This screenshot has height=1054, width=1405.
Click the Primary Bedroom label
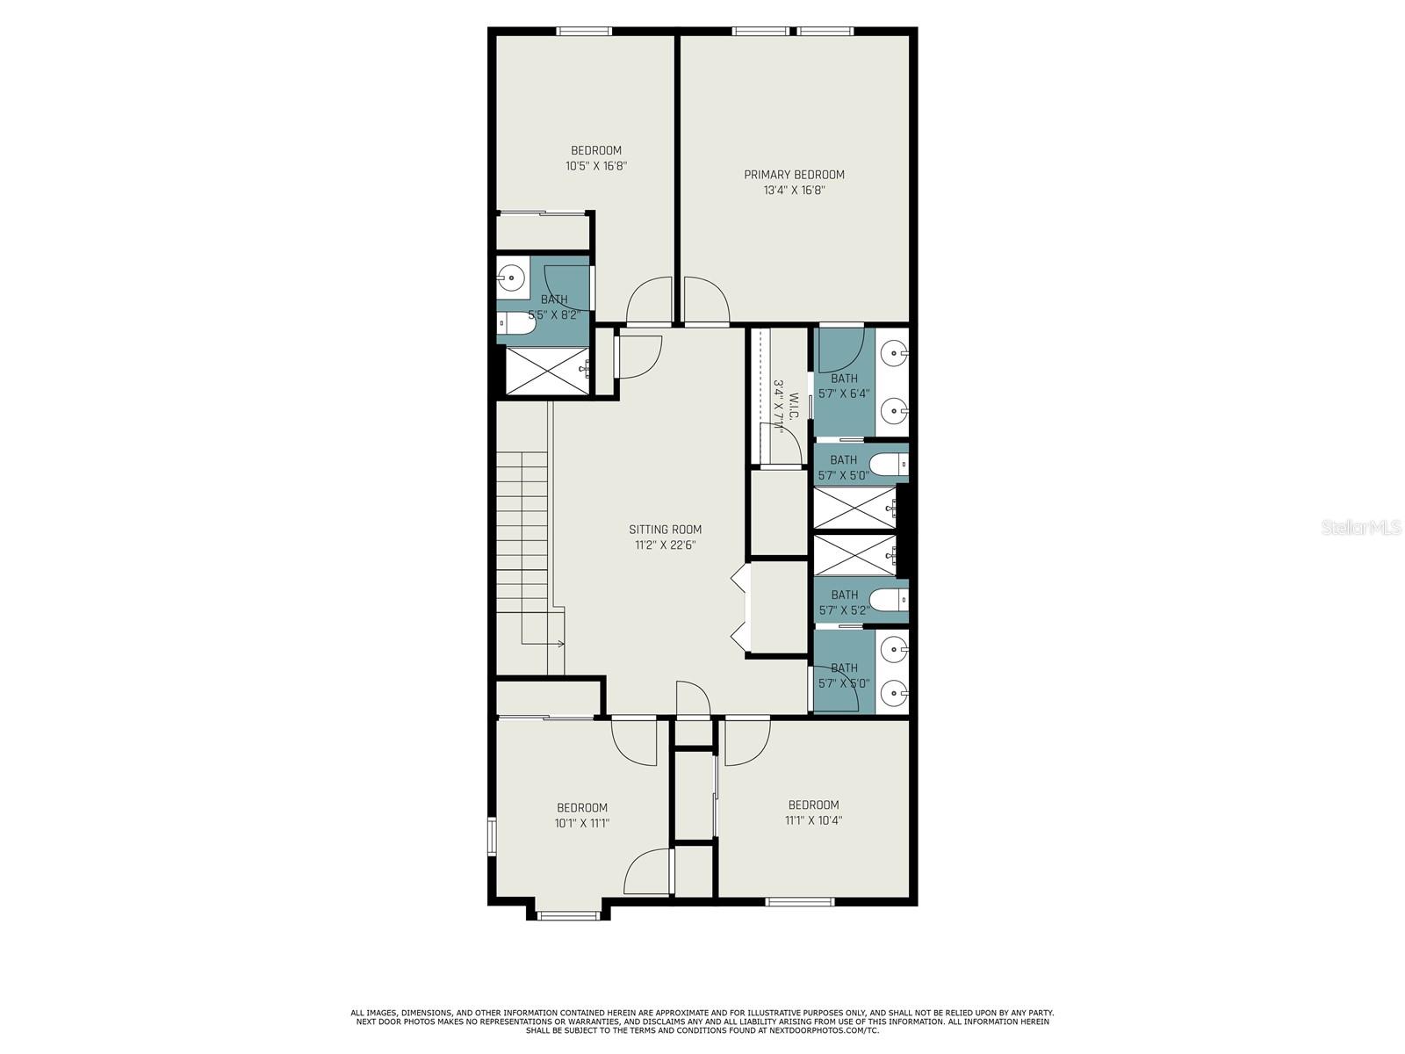[x=794, y=175]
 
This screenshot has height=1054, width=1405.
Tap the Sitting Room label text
[x=665, y=530]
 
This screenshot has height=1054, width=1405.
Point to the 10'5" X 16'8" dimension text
[x=596, y=166]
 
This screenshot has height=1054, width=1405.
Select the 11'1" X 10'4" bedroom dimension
[x=813, y=820]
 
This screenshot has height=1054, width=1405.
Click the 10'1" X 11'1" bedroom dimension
[x=582, y=823]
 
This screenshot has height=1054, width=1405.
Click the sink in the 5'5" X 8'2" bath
[x=512, y=278]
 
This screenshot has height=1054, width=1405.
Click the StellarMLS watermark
[x=1361, y=527]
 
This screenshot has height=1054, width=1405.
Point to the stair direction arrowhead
[x=561, y=643]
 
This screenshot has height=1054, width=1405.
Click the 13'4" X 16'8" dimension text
[x=794, y=190]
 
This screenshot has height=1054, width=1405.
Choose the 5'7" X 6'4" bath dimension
[x=844, y=393]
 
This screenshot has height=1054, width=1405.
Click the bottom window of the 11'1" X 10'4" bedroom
[x=799, y=902]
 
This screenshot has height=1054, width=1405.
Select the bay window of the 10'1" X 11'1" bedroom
[x=568, y=916]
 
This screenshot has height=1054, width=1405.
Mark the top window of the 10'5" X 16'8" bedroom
[x=583, y=32]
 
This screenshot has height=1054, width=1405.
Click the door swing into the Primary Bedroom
[x=707, y=300]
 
